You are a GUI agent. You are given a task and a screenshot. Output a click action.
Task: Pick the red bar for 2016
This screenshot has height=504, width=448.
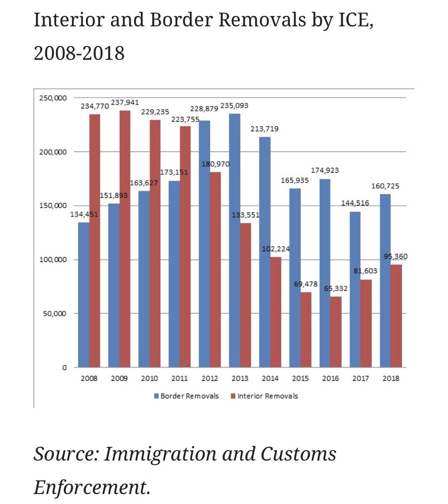click(336, 332)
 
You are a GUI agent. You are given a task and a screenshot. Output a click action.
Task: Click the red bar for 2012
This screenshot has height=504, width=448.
click(215, 269)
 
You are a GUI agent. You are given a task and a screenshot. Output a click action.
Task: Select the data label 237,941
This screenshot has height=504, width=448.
click(125, 102)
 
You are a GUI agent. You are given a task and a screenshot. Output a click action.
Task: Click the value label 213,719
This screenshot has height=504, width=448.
click(265, 129)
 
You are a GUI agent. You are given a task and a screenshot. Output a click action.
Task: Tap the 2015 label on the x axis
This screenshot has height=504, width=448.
click(300, 378)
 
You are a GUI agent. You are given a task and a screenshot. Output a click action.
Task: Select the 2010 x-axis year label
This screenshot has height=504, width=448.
click(149, 378)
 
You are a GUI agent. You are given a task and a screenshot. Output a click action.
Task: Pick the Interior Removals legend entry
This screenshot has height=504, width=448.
click(267, 396)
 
